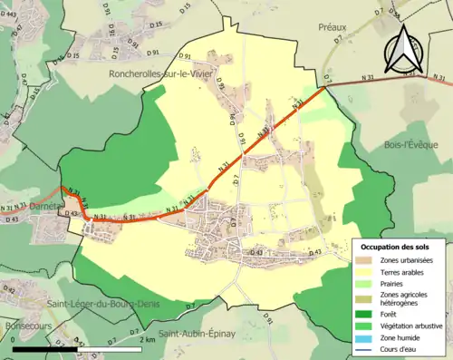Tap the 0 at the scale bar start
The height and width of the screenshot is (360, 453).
(14, 340)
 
